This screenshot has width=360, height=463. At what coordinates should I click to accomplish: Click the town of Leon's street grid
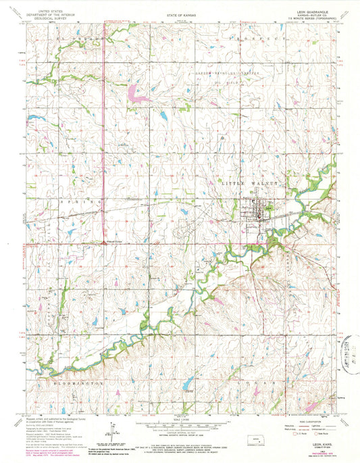coord(258,217)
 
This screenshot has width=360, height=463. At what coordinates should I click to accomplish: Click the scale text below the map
coord(180,420)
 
